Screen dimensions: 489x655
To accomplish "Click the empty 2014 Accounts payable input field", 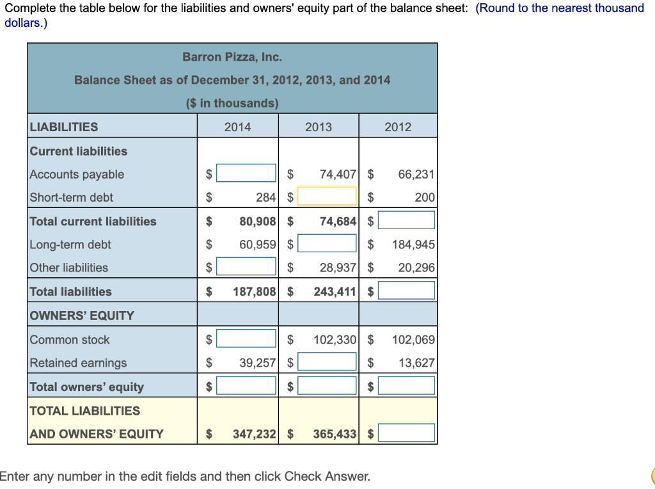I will point(246,173).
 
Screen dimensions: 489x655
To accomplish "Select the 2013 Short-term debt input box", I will point(327,196).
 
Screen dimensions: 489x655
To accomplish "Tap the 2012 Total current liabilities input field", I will point(406,221).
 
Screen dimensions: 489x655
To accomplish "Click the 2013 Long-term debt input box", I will point(327,244).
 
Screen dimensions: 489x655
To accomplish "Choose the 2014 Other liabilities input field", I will point(246,267).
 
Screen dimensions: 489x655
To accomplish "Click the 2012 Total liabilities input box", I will point(406,291).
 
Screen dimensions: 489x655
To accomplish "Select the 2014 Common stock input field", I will point(246,339).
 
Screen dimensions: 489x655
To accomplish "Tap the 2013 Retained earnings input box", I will point(327,362).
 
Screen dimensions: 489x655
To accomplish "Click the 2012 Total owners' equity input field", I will point(406,386).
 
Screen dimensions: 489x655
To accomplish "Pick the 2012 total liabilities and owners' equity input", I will point(406,433).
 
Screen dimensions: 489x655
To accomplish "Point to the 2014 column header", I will point(238,127).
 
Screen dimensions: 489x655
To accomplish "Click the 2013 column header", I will point(319,127).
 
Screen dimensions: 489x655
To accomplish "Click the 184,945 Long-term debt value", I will point(414,245).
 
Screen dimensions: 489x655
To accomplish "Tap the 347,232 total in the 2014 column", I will point(254,434).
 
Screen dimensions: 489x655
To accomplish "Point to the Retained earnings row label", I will point(79,363).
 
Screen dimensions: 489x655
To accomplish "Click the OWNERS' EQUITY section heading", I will point(82,316).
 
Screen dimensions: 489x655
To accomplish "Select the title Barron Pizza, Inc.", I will point(232,57).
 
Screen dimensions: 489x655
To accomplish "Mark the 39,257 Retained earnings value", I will point(257,363).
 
